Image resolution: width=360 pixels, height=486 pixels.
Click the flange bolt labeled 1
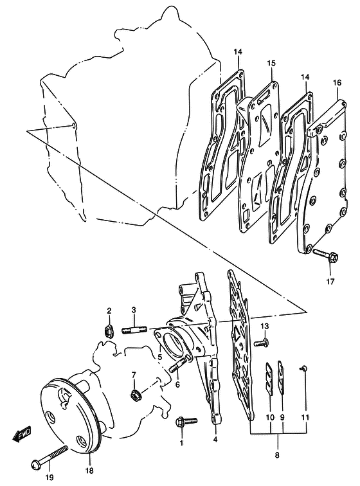tap(186, 422)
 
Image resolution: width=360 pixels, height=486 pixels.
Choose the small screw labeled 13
tap(261, 343)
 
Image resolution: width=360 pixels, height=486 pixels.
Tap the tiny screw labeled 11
tap(303, 368)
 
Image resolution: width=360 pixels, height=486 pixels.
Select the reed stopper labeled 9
tap(281, 377)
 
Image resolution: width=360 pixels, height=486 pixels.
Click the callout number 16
tap(337, 83)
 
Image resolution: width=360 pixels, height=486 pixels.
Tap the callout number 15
tap(271, 64)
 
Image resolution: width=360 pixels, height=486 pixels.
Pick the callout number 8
tap(277, 455)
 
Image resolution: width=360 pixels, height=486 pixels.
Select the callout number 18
tap(89, 471)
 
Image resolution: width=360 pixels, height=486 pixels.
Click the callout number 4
tap(215, 439)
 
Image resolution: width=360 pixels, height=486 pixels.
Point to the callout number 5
tap(159, 357)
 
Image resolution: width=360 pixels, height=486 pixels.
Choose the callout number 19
tap(50, 477)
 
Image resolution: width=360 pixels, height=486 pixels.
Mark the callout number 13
tap(264, 326)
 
